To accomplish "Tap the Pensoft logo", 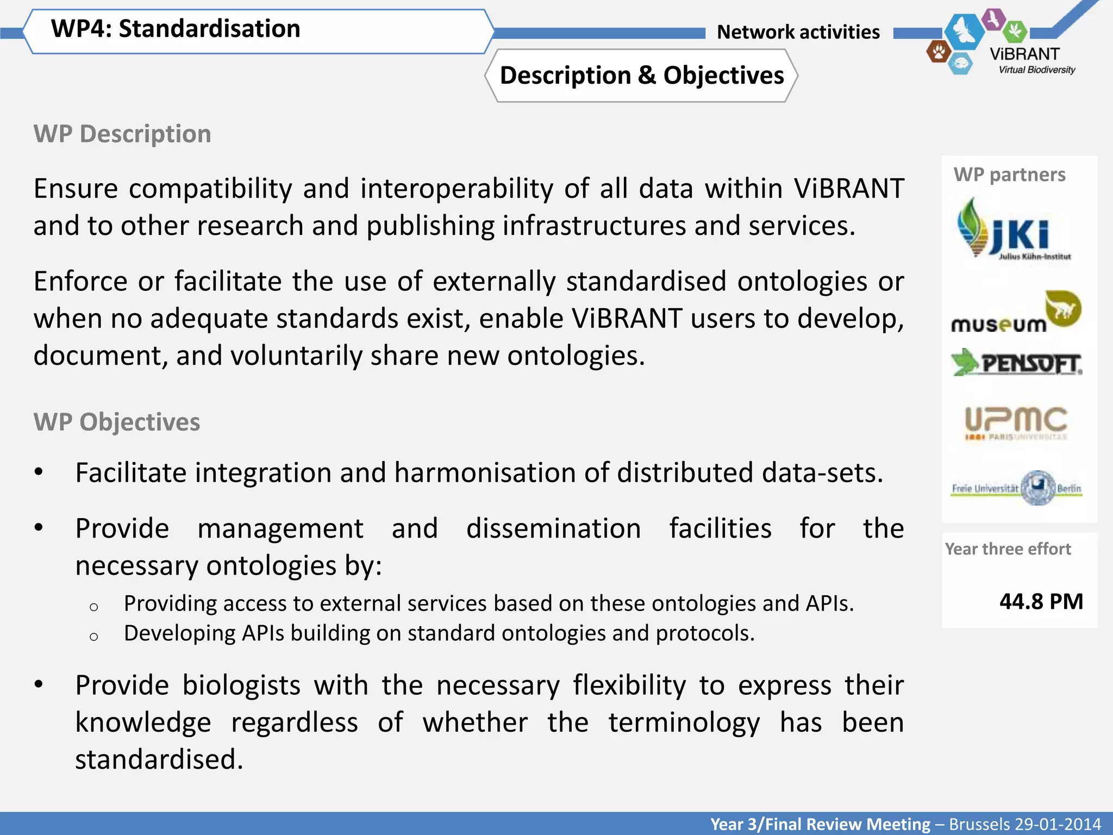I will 1016,363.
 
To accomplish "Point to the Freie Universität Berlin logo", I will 1016,488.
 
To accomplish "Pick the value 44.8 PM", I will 1041,601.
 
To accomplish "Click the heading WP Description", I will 122,134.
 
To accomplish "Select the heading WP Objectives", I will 117,422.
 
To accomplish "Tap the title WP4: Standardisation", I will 176,29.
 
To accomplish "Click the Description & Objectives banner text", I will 642,76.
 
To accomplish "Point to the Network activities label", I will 798,32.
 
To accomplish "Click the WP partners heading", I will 1009,175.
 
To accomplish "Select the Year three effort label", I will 1008,549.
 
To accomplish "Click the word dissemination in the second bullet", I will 553,528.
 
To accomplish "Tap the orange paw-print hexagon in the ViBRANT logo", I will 938,52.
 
